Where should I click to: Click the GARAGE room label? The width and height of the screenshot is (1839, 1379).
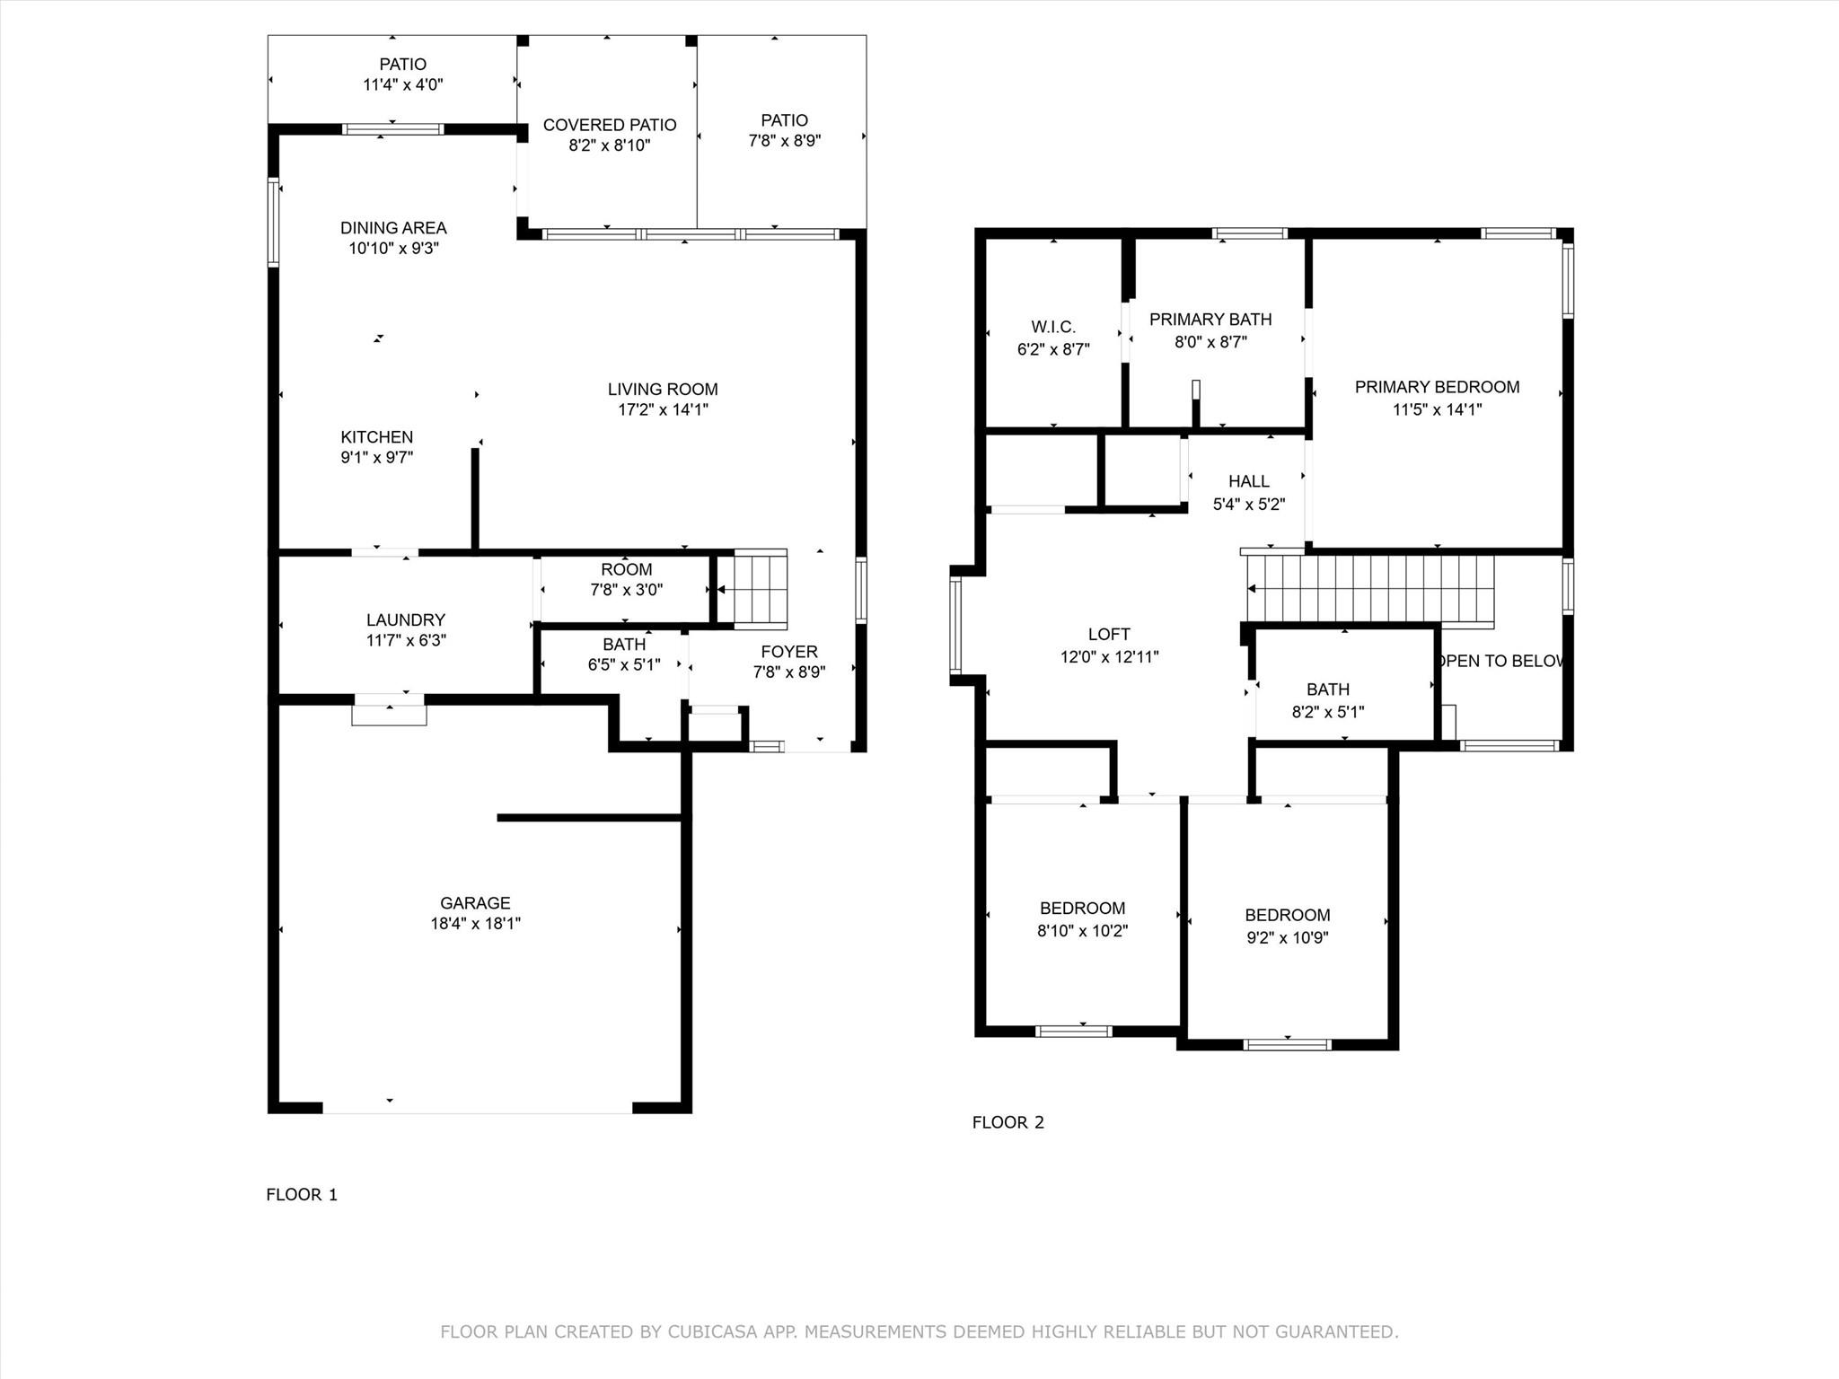pyautogui.click(x=475, y=903)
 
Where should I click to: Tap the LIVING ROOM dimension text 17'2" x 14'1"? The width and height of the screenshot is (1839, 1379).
pyautogui.click(x=663, y=410)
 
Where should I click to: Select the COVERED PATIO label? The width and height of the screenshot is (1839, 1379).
pyautogui.click(x=610, y=126)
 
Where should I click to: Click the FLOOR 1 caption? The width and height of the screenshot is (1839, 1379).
pyautogui.click(x=302, y=1194)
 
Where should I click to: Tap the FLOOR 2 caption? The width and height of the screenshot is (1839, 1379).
pyautogui.click(x=1007, y=1122)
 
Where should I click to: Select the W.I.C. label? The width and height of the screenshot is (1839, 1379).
pyautogui.click(x=1053, y=328)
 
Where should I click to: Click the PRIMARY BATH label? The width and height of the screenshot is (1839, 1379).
pyautogui.click(x=1210, y=320)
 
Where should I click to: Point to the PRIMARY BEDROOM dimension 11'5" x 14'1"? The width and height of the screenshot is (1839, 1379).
pyautogui.click(x=1437, y=410)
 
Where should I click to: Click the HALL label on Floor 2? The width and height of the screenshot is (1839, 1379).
pyautogui.click(x=1249, y=482)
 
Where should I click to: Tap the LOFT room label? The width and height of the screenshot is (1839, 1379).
pyautogui.click(x=1109, y=635)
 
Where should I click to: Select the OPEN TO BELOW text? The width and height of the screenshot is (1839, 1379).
pyautogui.click(x=1500, y=662)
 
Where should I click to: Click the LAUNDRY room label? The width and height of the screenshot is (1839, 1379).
pyautogui.click(x=406, y=620)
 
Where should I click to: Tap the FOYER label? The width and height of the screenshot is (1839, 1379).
pyautogui.click(x=789, y=653)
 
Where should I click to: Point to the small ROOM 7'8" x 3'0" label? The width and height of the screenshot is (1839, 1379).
pyautogui.click(x=627, y=570)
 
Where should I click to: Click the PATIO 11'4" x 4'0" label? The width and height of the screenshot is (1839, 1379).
pyautogui.click(x=403, y=65)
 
